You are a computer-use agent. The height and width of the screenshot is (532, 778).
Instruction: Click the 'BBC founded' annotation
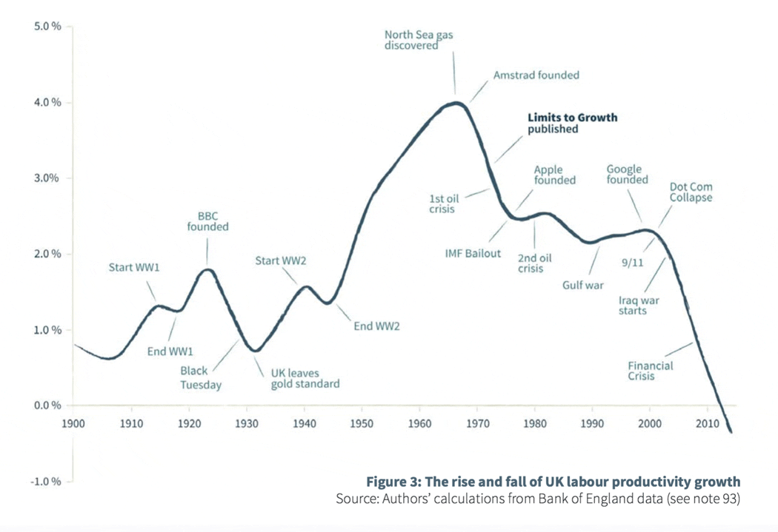[x=207, y=221]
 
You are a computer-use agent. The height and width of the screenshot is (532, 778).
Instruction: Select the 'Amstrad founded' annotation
[x=536, y=75]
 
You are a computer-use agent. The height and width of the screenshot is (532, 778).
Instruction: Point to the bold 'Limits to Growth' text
[x=571, y=118]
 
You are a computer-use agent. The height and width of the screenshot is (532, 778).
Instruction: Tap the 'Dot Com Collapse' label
[x=691, y=192]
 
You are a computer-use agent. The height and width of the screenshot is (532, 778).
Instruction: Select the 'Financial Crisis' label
[x=651, y=371]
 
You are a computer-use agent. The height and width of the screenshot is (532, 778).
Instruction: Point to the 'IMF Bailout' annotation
[x=473, y=254]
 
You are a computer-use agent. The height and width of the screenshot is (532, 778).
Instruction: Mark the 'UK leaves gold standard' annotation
[x=305, y=378]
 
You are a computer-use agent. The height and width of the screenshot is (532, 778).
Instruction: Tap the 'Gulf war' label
[x=584, y=286]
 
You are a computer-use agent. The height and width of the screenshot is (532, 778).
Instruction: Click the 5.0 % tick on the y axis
[x=47, y=27]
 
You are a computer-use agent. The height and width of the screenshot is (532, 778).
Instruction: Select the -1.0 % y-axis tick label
[x=46, y=482]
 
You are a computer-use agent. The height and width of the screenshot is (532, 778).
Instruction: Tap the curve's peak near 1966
[x=456, y=103]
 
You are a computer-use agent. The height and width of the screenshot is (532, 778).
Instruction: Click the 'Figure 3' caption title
[x=553, y=482]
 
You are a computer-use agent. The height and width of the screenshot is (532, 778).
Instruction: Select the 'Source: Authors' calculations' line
[x=538, y=499]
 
